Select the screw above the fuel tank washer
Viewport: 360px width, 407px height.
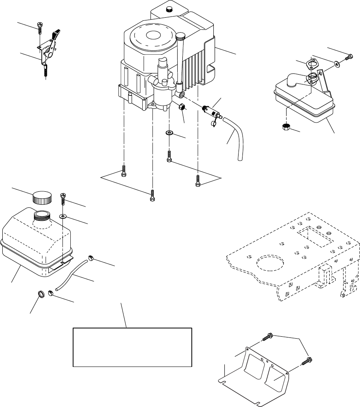click(x=63, y=198)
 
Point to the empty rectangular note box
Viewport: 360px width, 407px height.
click(x=132, y=347)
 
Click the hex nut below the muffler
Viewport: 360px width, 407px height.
click(x=287, y=126)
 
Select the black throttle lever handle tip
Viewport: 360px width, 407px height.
click(x=58, y=32)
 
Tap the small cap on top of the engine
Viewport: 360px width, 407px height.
click(x=170, y=9)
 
